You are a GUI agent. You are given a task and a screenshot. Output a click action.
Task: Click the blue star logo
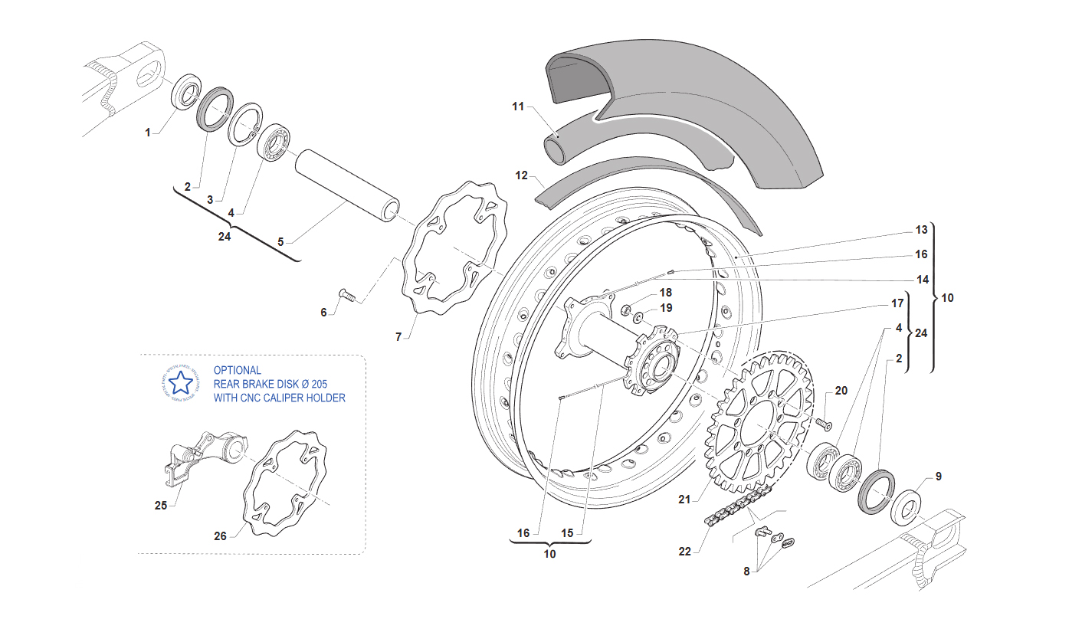[181, 384]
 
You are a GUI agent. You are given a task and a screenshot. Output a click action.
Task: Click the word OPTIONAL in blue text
[238, 370]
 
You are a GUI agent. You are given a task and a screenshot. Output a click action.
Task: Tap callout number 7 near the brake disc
[398, 337]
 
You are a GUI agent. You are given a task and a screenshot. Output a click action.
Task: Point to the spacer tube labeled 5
[348, 186]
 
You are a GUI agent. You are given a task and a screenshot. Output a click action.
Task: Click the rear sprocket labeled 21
[757, 422]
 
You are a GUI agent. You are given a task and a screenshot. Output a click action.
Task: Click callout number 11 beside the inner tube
[518, 106]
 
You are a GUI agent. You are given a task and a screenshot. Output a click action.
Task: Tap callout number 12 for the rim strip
[521, 175]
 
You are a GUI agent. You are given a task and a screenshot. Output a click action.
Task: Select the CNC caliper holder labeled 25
[205, 457]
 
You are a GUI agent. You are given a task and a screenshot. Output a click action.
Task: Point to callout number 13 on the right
[921, 230]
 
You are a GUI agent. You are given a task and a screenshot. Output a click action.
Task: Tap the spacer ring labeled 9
[905, 508]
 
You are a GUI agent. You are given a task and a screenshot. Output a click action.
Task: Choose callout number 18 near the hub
[666, 292]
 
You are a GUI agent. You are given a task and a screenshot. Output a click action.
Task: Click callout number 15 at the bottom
[567, 533]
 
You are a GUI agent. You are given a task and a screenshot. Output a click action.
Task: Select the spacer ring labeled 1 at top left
[187, 92]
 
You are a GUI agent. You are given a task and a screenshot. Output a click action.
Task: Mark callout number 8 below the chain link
[746, 572]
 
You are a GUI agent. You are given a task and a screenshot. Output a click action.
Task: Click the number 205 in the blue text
[320, 384]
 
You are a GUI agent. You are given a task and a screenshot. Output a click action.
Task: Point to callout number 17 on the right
[897, 303]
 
